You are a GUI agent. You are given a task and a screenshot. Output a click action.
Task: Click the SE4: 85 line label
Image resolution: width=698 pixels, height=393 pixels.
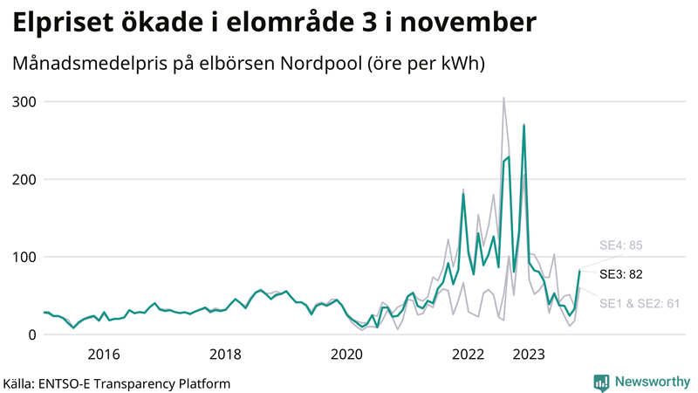(x=620, y=245)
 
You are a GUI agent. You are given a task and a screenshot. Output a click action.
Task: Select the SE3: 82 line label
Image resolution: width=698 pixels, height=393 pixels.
(x=620, y=274)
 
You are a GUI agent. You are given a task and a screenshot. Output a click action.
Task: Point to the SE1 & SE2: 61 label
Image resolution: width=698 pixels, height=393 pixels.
(x=639, y=304)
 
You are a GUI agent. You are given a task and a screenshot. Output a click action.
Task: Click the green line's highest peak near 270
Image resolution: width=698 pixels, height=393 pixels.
(x=523, y=125)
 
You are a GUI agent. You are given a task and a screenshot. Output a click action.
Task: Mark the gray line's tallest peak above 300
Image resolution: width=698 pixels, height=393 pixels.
(x=503, y=98)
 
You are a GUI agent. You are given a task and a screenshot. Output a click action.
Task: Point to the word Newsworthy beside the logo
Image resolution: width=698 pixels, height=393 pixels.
(x=651, y=382)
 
